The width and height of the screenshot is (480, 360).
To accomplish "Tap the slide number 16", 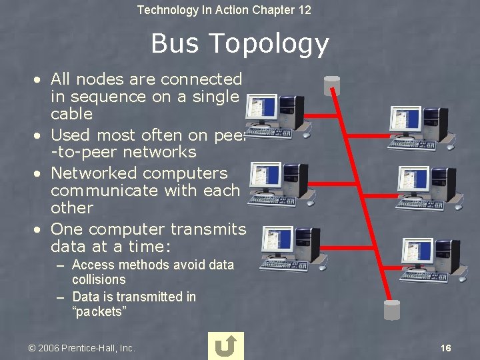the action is coord(446,348).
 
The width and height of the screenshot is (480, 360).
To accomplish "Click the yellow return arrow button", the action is coord(226,346).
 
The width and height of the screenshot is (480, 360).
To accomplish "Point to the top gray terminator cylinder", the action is coord(331,86).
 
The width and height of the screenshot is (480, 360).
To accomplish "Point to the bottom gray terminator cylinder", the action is coord(391,310).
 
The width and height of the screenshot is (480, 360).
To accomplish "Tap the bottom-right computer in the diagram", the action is coord(430,256).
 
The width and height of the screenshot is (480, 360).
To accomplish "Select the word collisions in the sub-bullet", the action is coord(99,280).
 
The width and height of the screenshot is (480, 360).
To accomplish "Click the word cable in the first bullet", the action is coord(71,114).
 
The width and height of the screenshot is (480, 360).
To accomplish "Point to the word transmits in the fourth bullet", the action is coord(208,229).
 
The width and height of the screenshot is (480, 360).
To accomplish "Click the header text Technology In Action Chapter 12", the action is coord(224,10).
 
